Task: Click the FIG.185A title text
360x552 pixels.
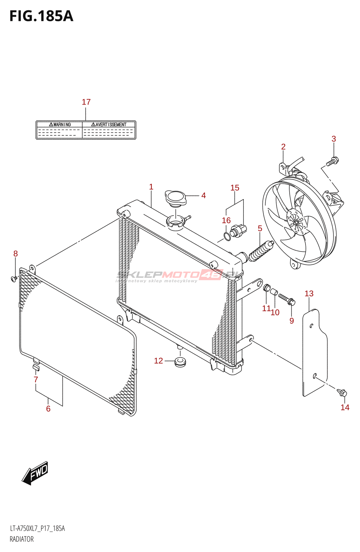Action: (41, 16)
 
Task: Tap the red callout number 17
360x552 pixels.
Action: (86, 102)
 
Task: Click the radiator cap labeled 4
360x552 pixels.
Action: (176, 198)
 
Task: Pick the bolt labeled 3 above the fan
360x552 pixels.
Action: (333, 161)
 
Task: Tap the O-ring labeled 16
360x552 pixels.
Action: (227, 237)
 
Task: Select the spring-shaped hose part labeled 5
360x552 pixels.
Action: (261, 252)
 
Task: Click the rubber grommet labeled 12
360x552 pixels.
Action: (180, 362)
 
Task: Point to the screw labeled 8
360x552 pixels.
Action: (14, 278)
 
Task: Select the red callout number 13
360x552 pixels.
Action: (309, 294)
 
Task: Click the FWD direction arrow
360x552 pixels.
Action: (35, 473)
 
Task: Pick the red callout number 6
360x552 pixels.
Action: (48, 409)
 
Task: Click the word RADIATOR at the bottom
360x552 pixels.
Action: (22, 539)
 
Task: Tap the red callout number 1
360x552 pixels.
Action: (151, 187)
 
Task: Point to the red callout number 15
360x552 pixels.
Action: (235, 188)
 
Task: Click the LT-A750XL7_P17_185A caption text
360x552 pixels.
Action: (37, 529)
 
